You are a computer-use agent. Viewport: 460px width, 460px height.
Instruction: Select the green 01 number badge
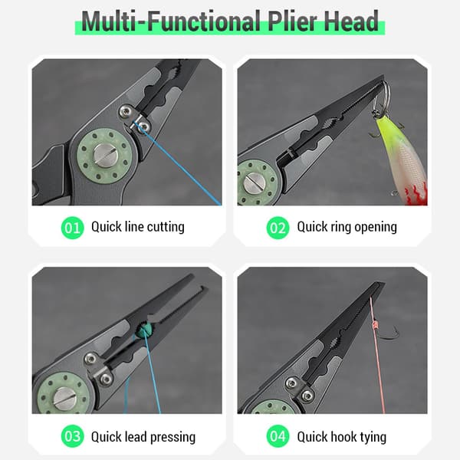pos(73,228)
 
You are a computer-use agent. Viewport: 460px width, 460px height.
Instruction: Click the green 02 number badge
pos(278,228)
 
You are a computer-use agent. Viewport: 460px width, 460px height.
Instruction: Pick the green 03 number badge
pos(73,436)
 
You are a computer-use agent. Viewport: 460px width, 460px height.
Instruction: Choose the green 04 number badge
pos(278,436)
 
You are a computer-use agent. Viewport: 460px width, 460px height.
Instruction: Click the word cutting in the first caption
pos(166,228)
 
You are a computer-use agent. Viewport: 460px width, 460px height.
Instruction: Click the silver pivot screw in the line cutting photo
pos(105,156)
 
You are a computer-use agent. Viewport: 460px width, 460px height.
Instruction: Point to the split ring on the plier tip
pos(381,94)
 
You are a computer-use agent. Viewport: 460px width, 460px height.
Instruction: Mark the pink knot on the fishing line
pos(374,325)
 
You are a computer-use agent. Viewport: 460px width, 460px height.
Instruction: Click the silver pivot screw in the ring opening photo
pos(254,181)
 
